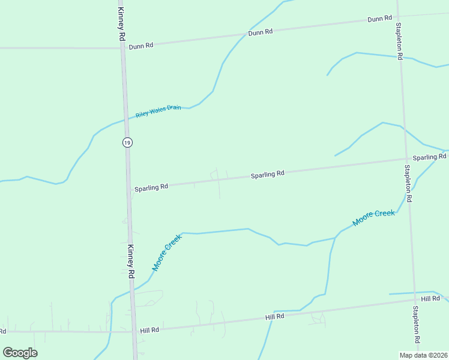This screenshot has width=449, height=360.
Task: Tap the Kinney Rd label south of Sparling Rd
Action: coord(130,262)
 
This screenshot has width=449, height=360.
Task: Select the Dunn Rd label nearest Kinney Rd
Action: coord(141,45)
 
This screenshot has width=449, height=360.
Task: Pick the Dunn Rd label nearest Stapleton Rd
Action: coord(379,19)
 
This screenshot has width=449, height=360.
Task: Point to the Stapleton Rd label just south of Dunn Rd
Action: coord(399,41)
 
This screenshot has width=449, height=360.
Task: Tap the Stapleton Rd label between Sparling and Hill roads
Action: coord(408,183)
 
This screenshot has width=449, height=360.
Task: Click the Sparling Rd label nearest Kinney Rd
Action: coord(151,187)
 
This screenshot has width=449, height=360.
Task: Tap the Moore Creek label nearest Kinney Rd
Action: coord(166,253)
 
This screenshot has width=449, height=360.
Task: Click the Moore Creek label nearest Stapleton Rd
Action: coord(373,218)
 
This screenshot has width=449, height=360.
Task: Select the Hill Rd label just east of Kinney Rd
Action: coord(149,330)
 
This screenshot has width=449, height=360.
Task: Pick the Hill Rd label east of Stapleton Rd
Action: coord(430,299)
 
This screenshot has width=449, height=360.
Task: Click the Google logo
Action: coord(20,353)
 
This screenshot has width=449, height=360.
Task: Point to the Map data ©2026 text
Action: coord(423,355)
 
